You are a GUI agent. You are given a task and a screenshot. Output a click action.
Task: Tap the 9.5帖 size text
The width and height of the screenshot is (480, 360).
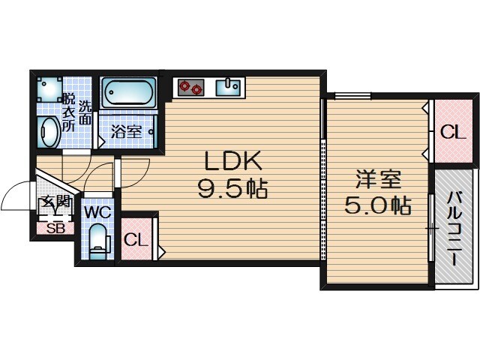tap(232, 190)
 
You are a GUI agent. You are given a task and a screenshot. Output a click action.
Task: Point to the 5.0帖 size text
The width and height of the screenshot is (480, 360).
tap(378, 205)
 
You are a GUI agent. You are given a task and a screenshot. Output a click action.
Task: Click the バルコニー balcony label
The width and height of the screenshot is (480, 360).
tap(455, 229)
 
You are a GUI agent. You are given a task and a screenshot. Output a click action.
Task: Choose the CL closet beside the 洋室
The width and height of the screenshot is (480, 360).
tap(452, 133)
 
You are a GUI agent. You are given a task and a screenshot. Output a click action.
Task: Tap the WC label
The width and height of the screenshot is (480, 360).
tap(97, 212)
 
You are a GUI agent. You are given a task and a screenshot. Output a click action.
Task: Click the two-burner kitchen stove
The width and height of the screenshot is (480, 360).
tap(190, 88)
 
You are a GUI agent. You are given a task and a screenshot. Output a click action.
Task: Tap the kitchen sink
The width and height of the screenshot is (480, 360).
tap(228, 88)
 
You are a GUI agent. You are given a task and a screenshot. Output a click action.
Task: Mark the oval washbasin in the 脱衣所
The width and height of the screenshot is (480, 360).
tap(49, 133)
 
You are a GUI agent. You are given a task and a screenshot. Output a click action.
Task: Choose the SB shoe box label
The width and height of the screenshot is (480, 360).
tap(55, 229)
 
